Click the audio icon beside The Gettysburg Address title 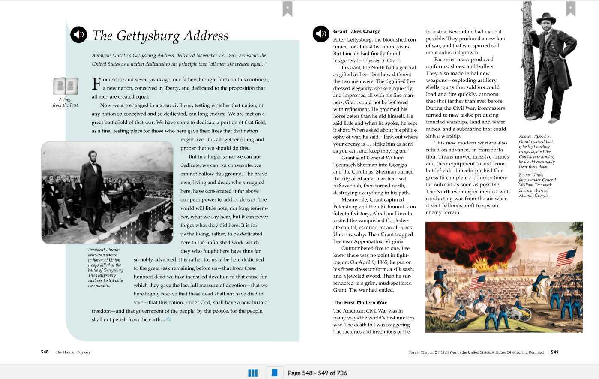tap(78, 35)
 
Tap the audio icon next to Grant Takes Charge tap(320, 34)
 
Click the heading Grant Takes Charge tap(356, 31)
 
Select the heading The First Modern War tap(360, 302)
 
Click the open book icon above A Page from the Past tap(66, 86)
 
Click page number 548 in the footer tap(45, 352)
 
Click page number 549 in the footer tap(554, 352)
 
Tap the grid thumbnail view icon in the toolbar tap(253, 373)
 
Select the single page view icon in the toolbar tap(274, 373)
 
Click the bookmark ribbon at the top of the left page tap(287, 9)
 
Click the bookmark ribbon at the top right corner tap(570, 9)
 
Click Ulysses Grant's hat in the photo tap(546, 18)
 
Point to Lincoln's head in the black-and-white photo tap(93, 156)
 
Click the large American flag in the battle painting tap(566, 257)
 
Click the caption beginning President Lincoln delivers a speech tap(106, 268)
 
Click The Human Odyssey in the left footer tap(73, 352)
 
